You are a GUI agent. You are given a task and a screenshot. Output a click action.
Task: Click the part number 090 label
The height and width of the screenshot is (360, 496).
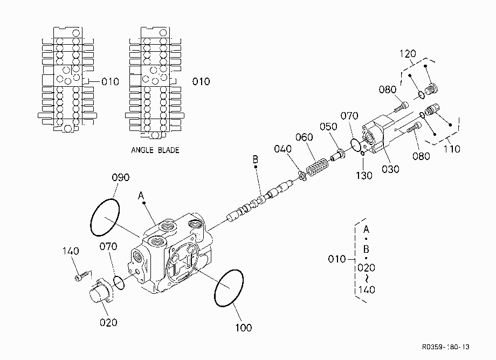[x=121, y=177]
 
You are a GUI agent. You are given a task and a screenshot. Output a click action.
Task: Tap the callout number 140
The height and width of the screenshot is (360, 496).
[x=71, y=251]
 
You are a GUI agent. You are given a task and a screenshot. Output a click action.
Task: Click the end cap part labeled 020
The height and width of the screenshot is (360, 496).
[x=101, y=292]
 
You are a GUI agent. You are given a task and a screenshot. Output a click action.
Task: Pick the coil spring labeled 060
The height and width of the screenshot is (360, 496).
[x=317, y=167]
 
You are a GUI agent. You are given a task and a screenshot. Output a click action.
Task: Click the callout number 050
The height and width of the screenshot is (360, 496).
[x=328, y=127]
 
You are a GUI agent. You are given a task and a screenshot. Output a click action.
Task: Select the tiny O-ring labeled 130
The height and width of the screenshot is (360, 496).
[x=362, y=153]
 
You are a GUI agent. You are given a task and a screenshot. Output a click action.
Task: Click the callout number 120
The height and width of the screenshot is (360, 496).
[x=408, y=54]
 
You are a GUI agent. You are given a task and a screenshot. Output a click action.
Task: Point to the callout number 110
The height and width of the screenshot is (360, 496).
[x=451, y=149]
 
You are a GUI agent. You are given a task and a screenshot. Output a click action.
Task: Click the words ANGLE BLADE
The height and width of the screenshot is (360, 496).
[x=155, y=150]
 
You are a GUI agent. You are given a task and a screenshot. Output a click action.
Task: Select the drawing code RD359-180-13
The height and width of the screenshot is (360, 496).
[x=446, y=347]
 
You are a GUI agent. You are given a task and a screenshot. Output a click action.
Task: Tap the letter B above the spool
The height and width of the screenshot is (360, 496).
[x=255, y=160]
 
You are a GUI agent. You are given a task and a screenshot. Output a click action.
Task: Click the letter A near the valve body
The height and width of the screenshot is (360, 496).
[x=141, y=196]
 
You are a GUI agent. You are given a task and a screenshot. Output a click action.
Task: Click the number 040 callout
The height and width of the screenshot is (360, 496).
[x=283, y=149]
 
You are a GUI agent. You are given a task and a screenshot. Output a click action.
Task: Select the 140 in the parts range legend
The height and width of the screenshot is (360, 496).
[x=367, y=289]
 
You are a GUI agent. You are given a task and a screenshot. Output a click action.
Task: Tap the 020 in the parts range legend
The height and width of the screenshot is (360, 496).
[x=366, y=268]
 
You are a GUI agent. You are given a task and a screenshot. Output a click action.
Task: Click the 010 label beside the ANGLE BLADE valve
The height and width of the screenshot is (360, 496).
[x=201, y=81]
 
